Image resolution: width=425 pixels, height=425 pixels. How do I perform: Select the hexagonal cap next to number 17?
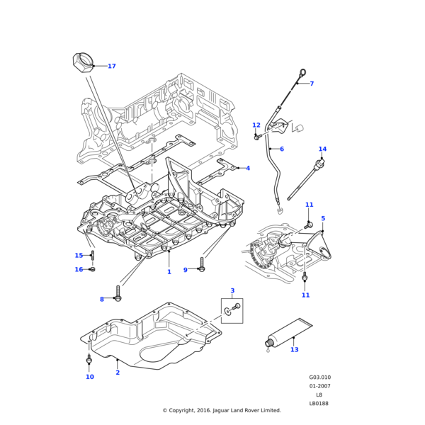[x=83, y=62]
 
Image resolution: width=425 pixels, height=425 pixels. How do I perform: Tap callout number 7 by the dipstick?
[x=312, y=84]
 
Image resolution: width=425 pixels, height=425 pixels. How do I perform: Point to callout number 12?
[x=256, y=125]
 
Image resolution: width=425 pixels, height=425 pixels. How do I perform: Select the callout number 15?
[x=79, y=256]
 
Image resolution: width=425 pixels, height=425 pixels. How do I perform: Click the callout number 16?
[x=79, y=269]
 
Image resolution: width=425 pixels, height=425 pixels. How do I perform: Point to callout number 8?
[x=102, y=300]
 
